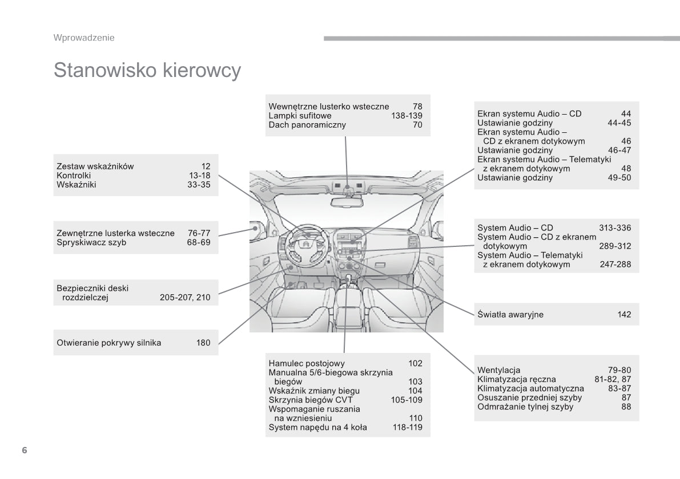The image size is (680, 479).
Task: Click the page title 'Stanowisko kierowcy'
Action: click(147, 71)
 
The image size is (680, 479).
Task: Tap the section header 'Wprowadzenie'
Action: click(84, 38)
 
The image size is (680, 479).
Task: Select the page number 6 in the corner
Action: click(25, 450)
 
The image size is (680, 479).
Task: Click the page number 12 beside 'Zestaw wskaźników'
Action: click(206, 167)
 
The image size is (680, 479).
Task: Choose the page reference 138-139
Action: click(407, 116)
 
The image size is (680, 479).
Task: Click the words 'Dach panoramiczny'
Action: click(307, 125)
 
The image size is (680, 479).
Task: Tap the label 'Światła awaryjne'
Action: click(510, 314)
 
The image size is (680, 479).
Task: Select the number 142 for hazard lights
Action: click(624, 314)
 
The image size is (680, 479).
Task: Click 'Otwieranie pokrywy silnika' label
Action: click(109, 343)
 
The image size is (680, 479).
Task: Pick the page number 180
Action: click(203, 343)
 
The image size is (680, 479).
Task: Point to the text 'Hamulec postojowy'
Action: click(307, 363)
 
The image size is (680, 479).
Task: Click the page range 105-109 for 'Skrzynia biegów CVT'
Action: click(407, 400)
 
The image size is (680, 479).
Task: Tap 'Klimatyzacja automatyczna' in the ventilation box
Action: click(530, 388)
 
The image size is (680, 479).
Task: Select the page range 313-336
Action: click(615, 228)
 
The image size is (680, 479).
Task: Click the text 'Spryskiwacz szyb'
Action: click(91, 242)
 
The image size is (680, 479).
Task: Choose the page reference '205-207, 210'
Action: click(185, 297)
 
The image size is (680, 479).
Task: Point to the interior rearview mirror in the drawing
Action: click(348, 201)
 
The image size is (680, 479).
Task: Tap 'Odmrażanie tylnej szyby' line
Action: click(525, 407)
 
